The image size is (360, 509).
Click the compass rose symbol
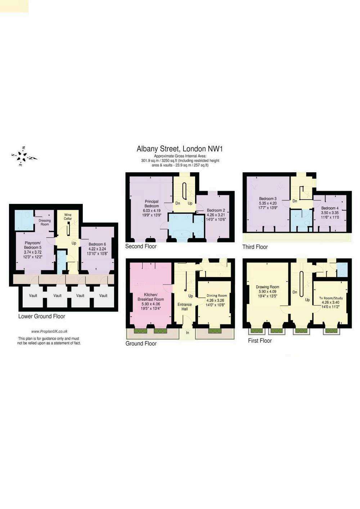coord(24,156)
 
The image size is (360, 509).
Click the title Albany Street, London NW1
coord(180,149)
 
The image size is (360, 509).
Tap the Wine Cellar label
coord(68,217)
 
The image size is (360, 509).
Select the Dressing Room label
coord(45,222)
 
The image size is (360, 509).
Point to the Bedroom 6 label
coord(97,244)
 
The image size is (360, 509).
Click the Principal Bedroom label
coord(152,204)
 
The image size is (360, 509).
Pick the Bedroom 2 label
coord(216,210)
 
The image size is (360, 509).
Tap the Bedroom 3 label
coord(268,198)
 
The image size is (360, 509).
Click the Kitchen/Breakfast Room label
coord(150,297)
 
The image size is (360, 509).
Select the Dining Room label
coord(216,296)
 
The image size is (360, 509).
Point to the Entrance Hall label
coord(185,306)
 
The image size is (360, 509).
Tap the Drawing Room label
coord(267,287)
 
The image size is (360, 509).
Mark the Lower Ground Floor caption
coord(42,316)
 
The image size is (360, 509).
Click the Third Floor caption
coord(255,247)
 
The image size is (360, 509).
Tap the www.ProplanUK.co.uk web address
coord(49,332)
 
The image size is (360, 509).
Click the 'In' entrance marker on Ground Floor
coord(188,333)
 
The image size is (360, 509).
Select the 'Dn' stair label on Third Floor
coord(295,201)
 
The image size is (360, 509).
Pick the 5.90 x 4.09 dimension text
coord(267,291)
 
